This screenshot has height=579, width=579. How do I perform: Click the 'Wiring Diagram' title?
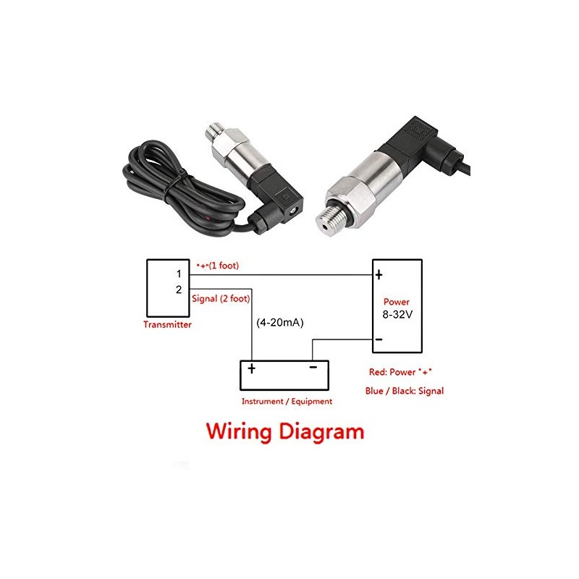[285, 432]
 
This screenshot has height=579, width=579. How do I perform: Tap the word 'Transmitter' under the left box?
[167, 325]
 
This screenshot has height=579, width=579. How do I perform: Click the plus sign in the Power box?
[379, 275]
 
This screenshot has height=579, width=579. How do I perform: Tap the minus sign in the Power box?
[378, 339]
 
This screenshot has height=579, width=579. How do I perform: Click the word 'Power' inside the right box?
[397, 302]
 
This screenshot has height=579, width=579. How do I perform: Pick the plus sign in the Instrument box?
[251, 368]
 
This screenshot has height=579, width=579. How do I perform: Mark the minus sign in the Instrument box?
[313, 368]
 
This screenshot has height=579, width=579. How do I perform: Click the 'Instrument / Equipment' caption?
[287, 401]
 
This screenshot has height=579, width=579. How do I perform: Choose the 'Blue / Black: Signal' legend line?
[405, 391]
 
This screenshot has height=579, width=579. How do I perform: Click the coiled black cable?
[159, 181]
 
